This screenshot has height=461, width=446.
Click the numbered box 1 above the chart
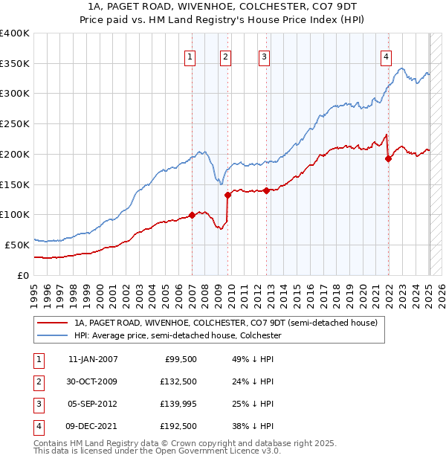[x=190, y=57]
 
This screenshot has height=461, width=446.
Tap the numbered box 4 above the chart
[x=387, y=57]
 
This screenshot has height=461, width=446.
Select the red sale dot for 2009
[x=228, y=195]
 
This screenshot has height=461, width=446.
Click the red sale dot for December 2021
[x=388, y=158]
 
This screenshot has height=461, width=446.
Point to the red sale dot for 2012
[x=265, y=190]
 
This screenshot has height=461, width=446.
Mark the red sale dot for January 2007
[x=192, y=215]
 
